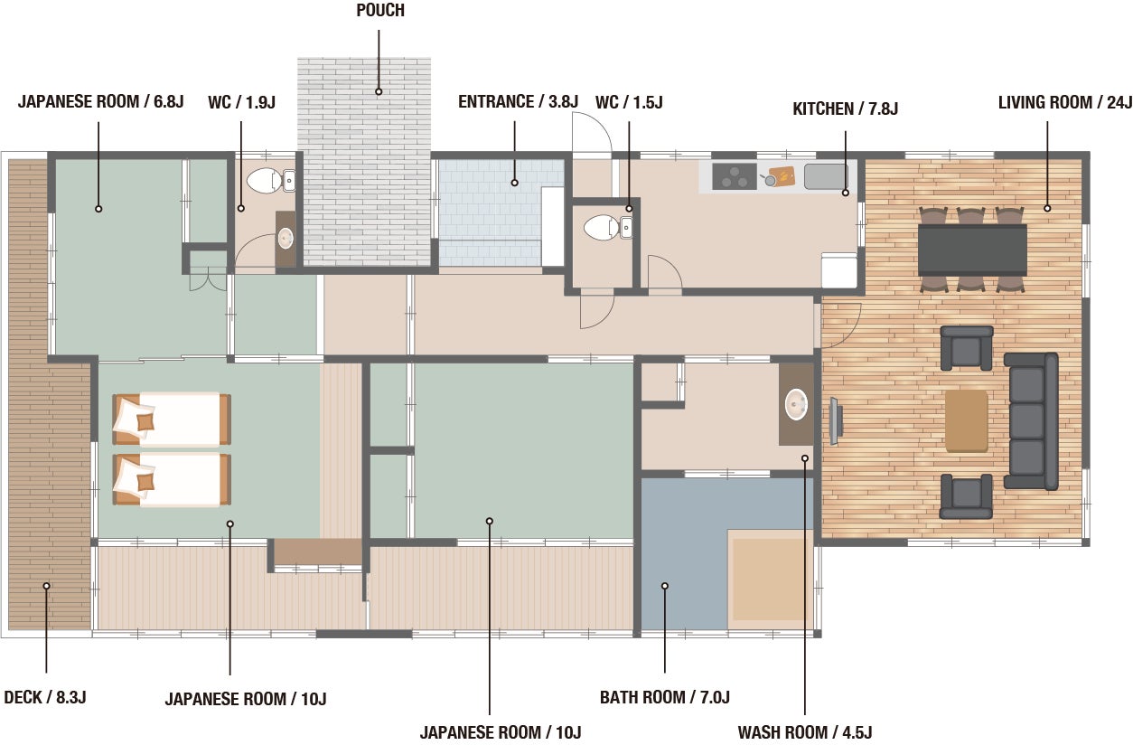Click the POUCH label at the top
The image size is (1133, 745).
(380, 10)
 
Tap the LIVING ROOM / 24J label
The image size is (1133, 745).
(1064, 102)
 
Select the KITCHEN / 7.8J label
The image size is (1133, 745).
(845, 108)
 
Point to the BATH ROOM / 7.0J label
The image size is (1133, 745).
(665, 697)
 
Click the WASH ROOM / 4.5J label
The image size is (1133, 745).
(805, 732)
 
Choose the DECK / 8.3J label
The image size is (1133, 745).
(45, 697)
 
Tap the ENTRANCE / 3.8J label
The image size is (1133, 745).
(518, 102)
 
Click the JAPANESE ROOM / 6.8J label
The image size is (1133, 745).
(100, 102)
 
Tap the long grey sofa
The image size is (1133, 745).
(1031, 421)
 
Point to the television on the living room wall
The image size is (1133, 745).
(836, 421)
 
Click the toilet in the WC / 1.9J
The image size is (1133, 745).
(265, 180)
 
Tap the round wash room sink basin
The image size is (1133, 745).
(796, 405)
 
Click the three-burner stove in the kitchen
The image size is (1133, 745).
(735, 176)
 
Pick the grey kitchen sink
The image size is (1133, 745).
(826, 176)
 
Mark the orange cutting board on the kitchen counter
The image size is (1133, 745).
(782, 176)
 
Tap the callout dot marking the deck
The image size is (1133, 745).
(47, 586)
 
